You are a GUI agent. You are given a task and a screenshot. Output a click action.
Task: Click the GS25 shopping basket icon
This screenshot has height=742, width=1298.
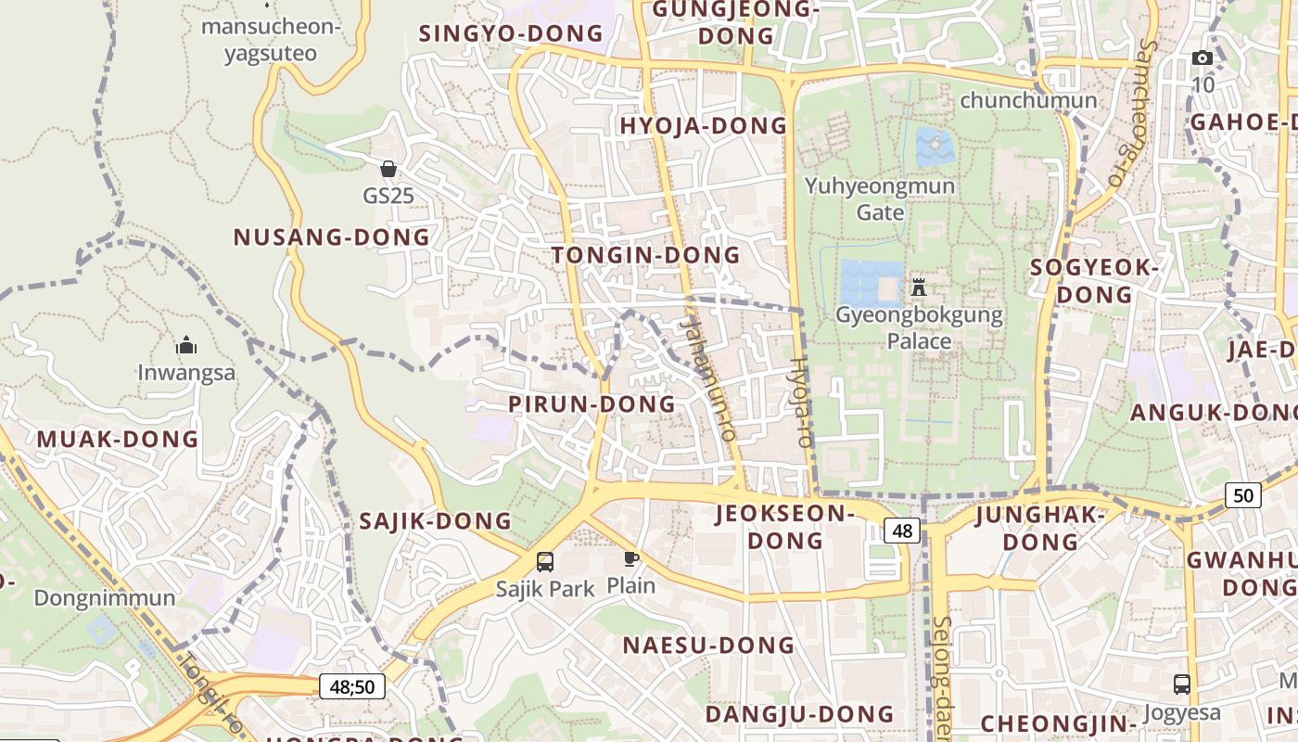click(388, 169)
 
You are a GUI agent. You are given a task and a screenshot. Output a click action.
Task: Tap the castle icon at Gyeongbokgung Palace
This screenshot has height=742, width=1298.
click(919, 286)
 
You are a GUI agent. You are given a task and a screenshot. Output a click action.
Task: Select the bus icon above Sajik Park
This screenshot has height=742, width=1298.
click(545, 561)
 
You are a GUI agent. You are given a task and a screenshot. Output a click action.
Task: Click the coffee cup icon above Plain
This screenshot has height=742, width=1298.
click(630, 558)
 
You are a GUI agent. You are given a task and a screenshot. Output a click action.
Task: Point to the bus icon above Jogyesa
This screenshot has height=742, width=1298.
click(1181, 684)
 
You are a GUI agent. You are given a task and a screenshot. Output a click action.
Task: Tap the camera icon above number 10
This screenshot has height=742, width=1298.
click(1202, 58)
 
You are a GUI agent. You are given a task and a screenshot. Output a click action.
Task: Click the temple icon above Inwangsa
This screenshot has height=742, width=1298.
click(186, 346)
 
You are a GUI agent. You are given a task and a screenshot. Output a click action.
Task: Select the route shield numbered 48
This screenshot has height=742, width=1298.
click(902, 531)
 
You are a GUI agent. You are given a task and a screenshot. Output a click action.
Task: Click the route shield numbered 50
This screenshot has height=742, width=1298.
click(1242, 495)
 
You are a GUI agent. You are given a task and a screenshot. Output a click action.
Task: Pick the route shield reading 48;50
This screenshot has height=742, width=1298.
click(352, 687)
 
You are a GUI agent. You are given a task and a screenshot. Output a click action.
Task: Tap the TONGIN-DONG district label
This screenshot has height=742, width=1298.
click(646, 255)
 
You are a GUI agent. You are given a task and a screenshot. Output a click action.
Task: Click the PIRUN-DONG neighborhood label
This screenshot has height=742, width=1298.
click(592, 404)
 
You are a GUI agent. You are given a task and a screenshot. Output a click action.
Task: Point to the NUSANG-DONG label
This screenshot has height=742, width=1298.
click(332, 237)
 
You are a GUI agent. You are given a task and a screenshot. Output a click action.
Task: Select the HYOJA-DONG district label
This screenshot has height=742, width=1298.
click(703, 126)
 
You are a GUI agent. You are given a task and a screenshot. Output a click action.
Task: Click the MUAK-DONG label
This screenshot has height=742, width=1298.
click(118, 439)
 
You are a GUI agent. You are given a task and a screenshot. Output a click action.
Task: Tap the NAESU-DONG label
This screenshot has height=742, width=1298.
click(708, 646)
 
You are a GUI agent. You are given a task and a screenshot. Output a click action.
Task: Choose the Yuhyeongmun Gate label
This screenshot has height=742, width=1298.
click(879, 198)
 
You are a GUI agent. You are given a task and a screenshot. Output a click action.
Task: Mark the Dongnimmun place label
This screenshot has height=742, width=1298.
click(105, 598)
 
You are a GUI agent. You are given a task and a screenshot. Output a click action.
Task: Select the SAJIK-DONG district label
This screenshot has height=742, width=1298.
click(435, 521)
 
